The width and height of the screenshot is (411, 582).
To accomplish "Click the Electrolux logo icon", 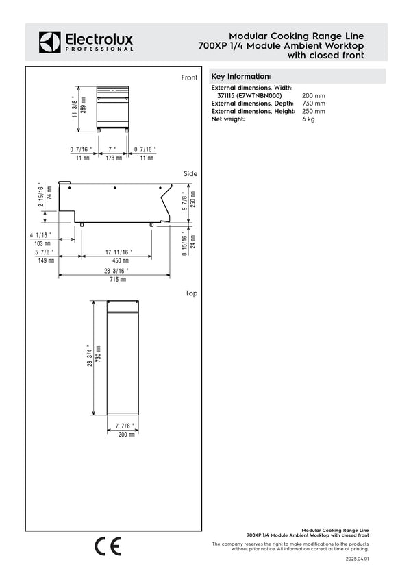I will (50, 42).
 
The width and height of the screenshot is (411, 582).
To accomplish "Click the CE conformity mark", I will (108, 546).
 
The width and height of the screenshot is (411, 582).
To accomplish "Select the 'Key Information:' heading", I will (241, 76).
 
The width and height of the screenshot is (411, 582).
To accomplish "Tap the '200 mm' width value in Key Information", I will (314, 95).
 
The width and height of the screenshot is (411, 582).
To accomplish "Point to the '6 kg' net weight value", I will (308, 119).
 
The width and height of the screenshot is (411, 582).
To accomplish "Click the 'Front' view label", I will (189, 77).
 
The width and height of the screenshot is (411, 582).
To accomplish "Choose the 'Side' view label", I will (190, 174).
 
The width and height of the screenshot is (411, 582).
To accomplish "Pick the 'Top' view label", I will (191, 293).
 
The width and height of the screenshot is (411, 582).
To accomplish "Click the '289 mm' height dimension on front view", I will (84, 109).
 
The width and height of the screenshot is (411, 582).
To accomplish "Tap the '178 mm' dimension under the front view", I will (114, 158).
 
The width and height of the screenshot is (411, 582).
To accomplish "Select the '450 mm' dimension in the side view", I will (121, 260).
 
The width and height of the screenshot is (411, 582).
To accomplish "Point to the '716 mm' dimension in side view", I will (119, 279).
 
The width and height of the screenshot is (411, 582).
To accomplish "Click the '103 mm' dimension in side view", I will (42, 243).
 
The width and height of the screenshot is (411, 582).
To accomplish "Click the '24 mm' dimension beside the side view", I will (192, 241).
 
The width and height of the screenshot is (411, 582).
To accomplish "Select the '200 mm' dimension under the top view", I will (127, 435).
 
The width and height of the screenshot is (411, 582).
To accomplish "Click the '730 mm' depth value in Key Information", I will (314, 103).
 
